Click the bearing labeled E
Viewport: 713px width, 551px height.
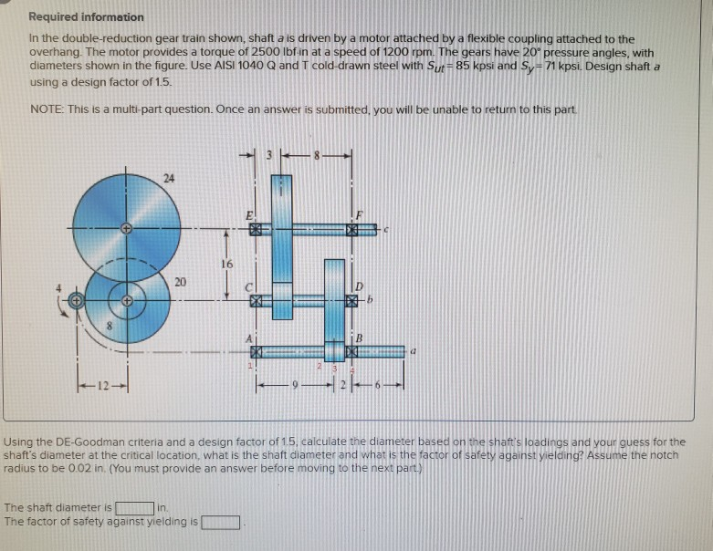[257, 232]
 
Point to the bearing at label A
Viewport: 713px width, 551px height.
[257, 350]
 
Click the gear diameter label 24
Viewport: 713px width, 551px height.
[168, 179]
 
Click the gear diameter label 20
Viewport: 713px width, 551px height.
[180, 282]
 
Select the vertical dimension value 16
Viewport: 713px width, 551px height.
[227, 263]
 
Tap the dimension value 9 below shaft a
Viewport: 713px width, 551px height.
[294, 382]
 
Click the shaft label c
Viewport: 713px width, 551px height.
[387, 231]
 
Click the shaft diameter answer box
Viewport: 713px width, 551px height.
[133, 507]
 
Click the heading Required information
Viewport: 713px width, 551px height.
[86, 17]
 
